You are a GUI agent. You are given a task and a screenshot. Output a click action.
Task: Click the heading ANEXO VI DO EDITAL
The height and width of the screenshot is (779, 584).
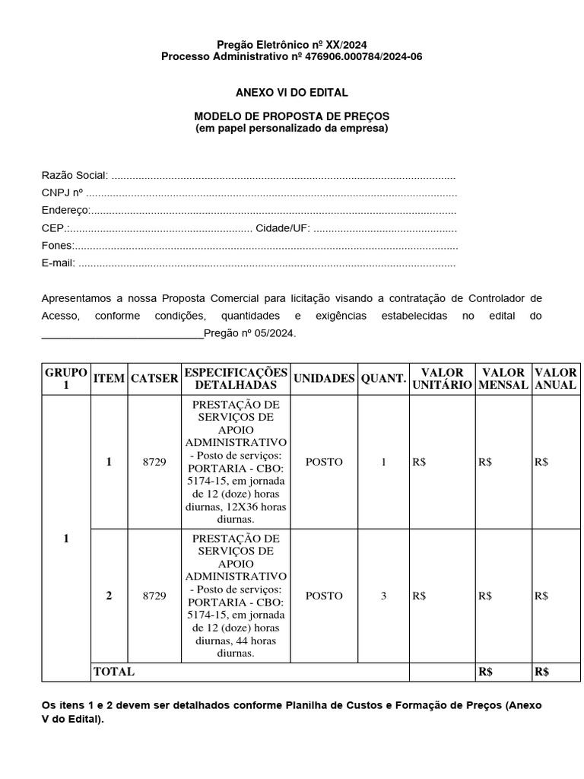[x=291, y=92]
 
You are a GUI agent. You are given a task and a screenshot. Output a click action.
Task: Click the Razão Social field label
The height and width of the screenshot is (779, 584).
[x=75, y=175]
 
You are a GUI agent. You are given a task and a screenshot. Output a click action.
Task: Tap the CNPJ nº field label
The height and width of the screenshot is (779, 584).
[x=62, y=193]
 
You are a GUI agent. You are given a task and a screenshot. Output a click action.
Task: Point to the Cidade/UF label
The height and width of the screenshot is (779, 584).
[x=282, y=228]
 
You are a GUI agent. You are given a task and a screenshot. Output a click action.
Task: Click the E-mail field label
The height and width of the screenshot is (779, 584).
[x=58, y=263]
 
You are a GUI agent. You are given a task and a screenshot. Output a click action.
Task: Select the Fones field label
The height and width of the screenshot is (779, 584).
[x=57, y=246]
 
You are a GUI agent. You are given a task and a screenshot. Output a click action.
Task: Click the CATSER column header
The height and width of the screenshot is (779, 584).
[x=154, y=379]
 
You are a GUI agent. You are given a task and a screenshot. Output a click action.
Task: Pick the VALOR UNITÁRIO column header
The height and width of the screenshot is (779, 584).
[x=442, y=379]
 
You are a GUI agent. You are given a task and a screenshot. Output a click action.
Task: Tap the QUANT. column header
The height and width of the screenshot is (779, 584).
[x=383, y=379]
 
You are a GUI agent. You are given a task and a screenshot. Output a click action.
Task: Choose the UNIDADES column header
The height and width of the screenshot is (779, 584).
[x=324, y=379]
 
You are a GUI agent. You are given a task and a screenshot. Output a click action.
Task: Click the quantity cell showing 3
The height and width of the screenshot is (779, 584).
[x=383, y=596]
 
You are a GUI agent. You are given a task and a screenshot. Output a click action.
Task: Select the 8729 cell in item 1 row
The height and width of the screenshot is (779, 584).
[x=154, y=462]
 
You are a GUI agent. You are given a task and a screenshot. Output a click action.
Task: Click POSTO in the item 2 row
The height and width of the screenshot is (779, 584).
[x=324, y=596]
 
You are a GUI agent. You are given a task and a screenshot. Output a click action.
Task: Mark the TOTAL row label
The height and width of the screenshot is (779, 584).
[x=113, y=672]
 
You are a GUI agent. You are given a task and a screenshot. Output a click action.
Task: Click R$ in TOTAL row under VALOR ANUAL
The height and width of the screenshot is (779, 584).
[x=541, y=672]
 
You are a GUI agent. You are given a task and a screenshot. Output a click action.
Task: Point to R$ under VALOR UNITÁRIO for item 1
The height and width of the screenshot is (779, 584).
[x=419, y=462]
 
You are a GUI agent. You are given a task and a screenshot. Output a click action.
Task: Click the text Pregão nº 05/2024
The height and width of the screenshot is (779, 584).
[x=250, y=333]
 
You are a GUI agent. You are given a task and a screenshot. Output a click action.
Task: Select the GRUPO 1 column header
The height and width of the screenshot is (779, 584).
[x=66, y=379]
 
